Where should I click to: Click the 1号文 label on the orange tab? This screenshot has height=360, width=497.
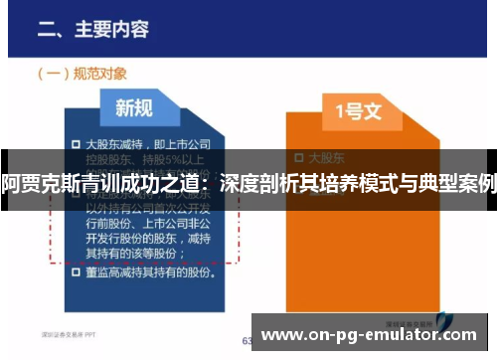(359, 113)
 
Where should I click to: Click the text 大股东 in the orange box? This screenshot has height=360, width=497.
(327, 157)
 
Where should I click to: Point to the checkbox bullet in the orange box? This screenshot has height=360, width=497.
(300, 157)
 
